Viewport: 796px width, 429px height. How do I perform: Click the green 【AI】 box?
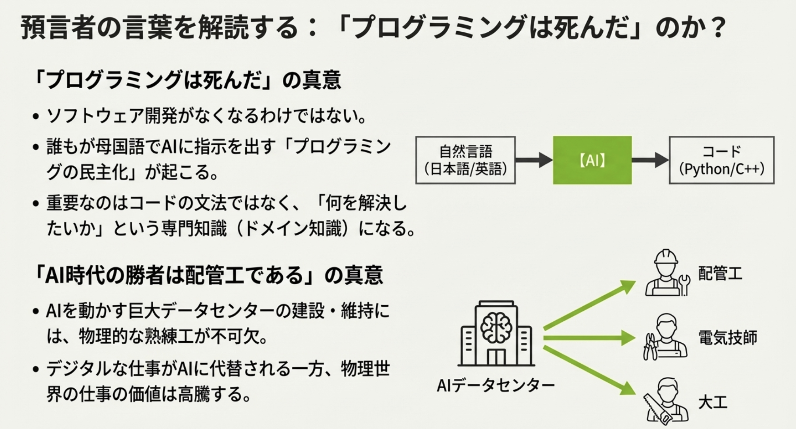[592, 160]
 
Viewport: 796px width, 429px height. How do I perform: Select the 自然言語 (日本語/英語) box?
[465, 160]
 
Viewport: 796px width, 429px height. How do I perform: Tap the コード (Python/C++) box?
[722, 160]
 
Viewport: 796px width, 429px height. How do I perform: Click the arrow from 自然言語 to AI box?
[534, 160]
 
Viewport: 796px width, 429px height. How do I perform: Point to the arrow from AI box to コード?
[650, 160]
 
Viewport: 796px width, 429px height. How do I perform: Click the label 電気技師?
[728, 338]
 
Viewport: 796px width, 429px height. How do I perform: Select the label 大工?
[713, 402]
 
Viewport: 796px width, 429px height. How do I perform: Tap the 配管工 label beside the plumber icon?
[720, 273]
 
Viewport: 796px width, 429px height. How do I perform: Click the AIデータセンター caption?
[496, 385]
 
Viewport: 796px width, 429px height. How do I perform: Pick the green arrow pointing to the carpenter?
[590, 371]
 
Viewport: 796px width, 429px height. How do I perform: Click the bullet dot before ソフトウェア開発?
[36, 117]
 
